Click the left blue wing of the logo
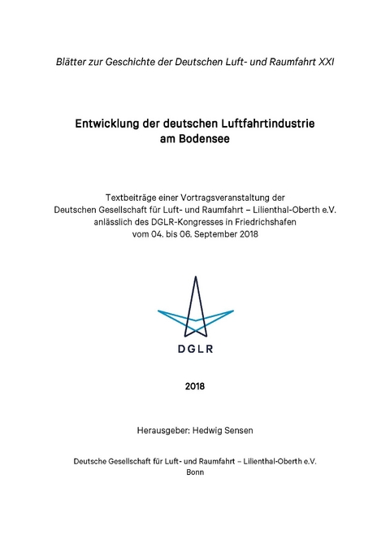[173, 316]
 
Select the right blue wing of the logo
[217, 316]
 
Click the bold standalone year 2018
[195, 385]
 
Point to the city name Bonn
[195, 472]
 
